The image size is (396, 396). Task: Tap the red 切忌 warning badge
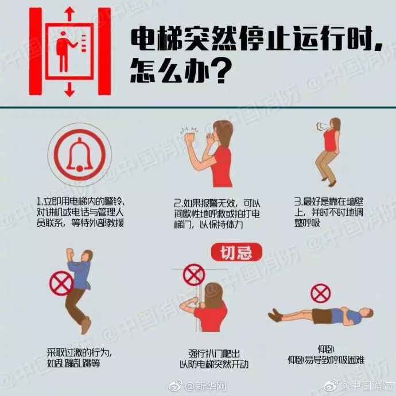pyautogui.click(x=236, y=251)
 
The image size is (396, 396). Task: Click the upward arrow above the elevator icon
pyautogui.click(x=69, y=13)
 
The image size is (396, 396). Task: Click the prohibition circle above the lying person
pyautogui.click(x=321, y=293)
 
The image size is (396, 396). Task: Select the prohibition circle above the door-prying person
pyautogui.click(x=194, y=274)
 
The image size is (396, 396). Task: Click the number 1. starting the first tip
pyautogui.click(x=38, y=203)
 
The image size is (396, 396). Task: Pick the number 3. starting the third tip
pyautogui.click(x=297, y=201)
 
